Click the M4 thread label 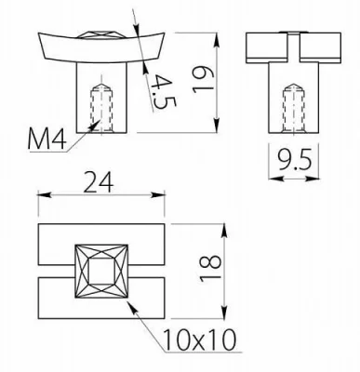tap(47, 139)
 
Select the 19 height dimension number tap(203, 80)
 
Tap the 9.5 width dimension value tap(294, 160)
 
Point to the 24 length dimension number tap(99, 182)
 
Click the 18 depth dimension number tap(210, 269)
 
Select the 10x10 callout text tap(199, 340)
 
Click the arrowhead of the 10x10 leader tap(132, 308)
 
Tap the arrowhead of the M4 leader tap(95, 125)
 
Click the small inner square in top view tap(101, 272)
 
